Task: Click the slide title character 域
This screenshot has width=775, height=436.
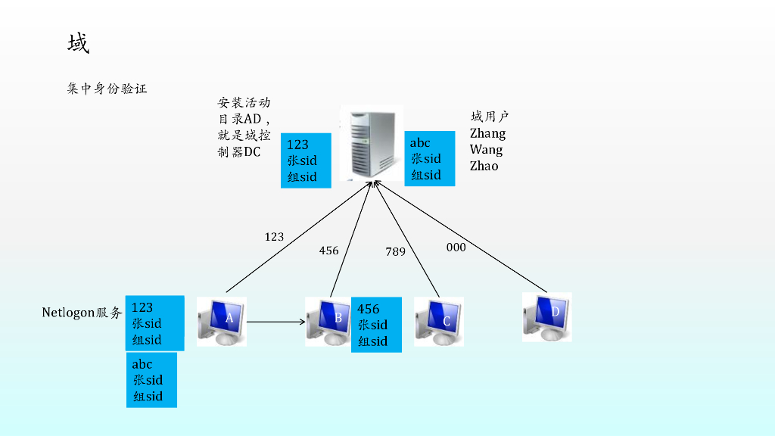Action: (x=78, y=44)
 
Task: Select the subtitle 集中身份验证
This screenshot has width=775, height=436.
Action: (x=107, y=89)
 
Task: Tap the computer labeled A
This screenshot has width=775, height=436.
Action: (x=221, y=321)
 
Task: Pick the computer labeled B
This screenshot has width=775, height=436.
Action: (x=329, y=321)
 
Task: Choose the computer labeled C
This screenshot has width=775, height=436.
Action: (x=439, y=321)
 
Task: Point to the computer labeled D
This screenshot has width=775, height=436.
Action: (x=546, y=316)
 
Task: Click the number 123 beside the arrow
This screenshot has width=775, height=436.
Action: (x=274, y=237)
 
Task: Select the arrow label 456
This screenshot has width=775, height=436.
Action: (x=328, y=251)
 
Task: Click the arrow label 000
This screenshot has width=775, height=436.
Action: (x=456, y=248)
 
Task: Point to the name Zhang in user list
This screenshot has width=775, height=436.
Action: (x=487, y=133)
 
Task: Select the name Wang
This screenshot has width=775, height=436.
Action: (x=486, y=149)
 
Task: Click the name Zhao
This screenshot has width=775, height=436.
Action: (x=484, y=166)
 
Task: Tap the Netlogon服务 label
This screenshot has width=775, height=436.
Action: (x=82, y=312)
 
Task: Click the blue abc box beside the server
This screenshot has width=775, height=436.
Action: (x=429, y=159)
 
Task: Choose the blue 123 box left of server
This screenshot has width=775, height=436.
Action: (x=306, y=160)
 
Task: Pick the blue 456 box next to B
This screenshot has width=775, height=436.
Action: (x=376, y=325)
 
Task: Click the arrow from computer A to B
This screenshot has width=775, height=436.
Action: (x=275, y=322)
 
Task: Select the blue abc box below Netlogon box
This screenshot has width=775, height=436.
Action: (x=151, y=380)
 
